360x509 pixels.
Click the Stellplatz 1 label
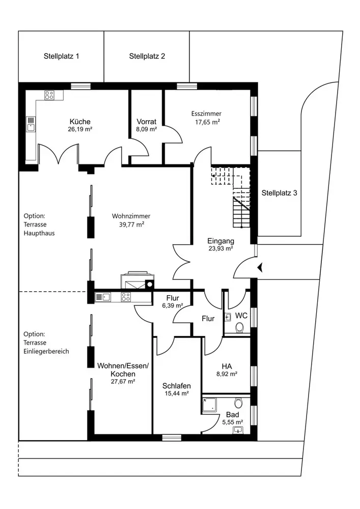[61, 56]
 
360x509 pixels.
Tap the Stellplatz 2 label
[147, 56]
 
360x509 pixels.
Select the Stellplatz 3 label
[279, 193]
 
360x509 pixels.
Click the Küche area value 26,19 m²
[80, 129]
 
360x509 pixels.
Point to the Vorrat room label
[147, 122]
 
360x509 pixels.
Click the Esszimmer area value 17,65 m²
[207, 122]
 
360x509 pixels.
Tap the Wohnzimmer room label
[131, 216]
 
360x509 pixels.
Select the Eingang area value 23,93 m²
[221, 249]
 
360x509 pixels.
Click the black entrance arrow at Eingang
[260, 268]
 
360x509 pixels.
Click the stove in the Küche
[49, 95]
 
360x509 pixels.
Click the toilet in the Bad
[239, 403]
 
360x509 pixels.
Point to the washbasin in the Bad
[238, 430]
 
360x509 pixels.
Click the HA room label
[227, 366]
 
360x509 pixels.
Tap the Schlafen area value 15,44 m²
[177, 393]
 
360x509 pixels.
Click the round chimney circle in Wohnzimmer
[150, 284]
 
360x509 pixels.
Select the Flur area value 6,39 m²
[173, 305]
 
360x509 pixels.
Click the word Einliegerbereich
[46, 351]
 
